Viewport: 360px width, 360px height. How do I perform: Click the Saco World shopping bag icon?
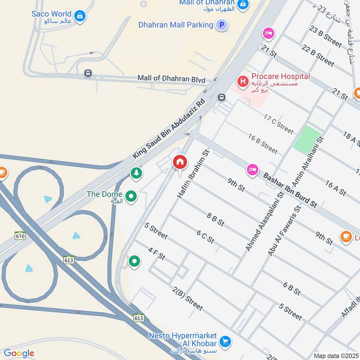point(80,16)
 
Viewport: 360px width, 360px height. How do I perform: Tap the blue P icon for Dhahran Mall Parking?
point(221,25)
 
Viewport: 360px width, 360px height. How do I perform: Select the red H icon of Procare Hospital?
point(243,81)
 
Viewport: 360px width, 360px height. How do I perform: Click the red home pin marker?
point(180,162)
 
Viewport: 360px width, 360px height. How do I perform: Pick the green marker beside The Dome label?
point(131,196)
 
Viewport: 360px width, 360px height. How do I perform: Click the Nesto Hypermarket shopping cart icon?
point(226,341)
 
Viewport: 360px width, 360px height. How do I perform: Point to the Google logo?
point(19,353)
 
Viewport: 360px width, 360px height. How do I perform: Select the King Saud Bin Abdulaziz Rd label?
point(169,128)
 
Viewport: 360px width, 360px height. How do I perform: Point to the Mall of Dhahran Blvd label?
point(171,79)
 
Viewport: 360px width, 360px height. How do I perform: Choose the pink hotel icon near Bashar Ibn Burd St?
point(252,170)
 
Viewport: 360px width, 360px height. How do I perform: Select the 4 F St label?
point(157,255)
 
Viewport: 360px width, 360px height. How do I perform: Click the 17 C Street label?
point(279,124)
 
